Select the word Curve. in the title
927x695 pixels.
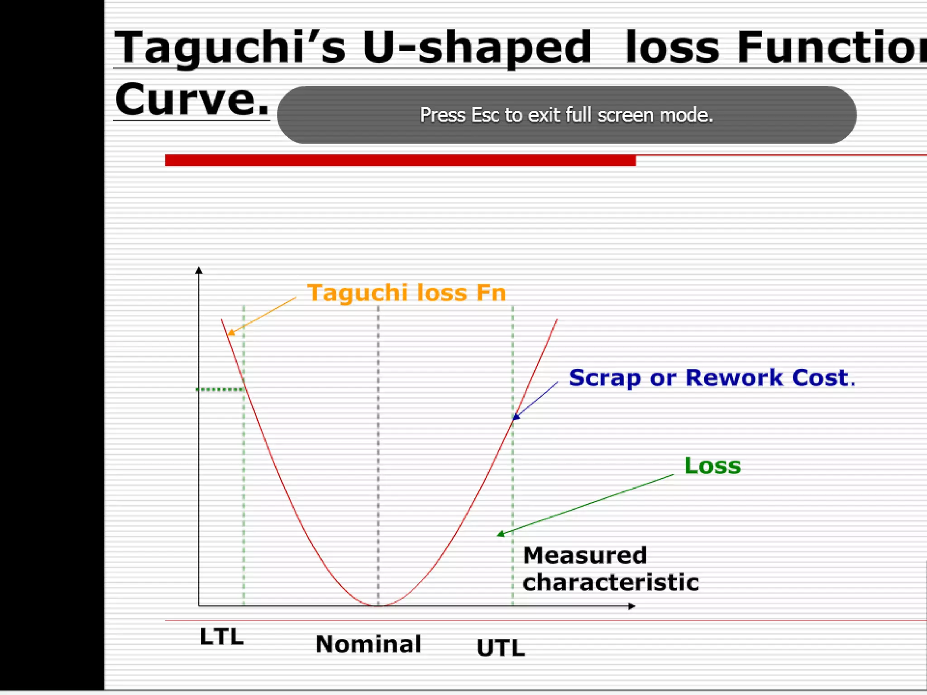tap(192, 100)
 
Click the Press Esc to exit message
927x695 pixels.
tap(566, 115)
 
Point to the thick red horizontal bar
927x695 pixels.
tap(400, 160)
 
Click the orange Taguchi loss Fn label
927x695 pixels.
tap(406, 293)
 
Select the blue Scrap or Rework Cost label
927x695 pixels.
tap(711, 378)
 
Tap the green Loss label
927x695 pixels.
tap(712, 466)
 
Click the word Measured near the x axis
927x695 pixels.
tap(585, 555)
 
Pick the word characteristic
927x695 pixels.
tap(610, 582)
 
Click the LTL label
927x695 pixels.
tap(221, 637)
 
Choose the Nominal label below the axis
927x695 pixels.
tap(368, 644)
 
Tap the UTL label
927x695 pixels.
tap(501, 648)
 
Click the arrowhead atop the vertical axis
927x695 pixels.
tap(198, 271)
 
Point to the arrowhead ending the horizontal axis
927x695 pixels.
tap(632, 606)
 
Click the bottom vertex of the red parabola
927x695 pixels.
tap(378, 605)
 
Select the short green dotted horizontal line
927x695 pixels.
tap(220, 389)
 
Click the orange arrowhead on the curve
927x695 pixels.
tap(230, 333)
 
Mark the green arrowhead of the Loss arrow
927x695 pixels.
tap(501, 534)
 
